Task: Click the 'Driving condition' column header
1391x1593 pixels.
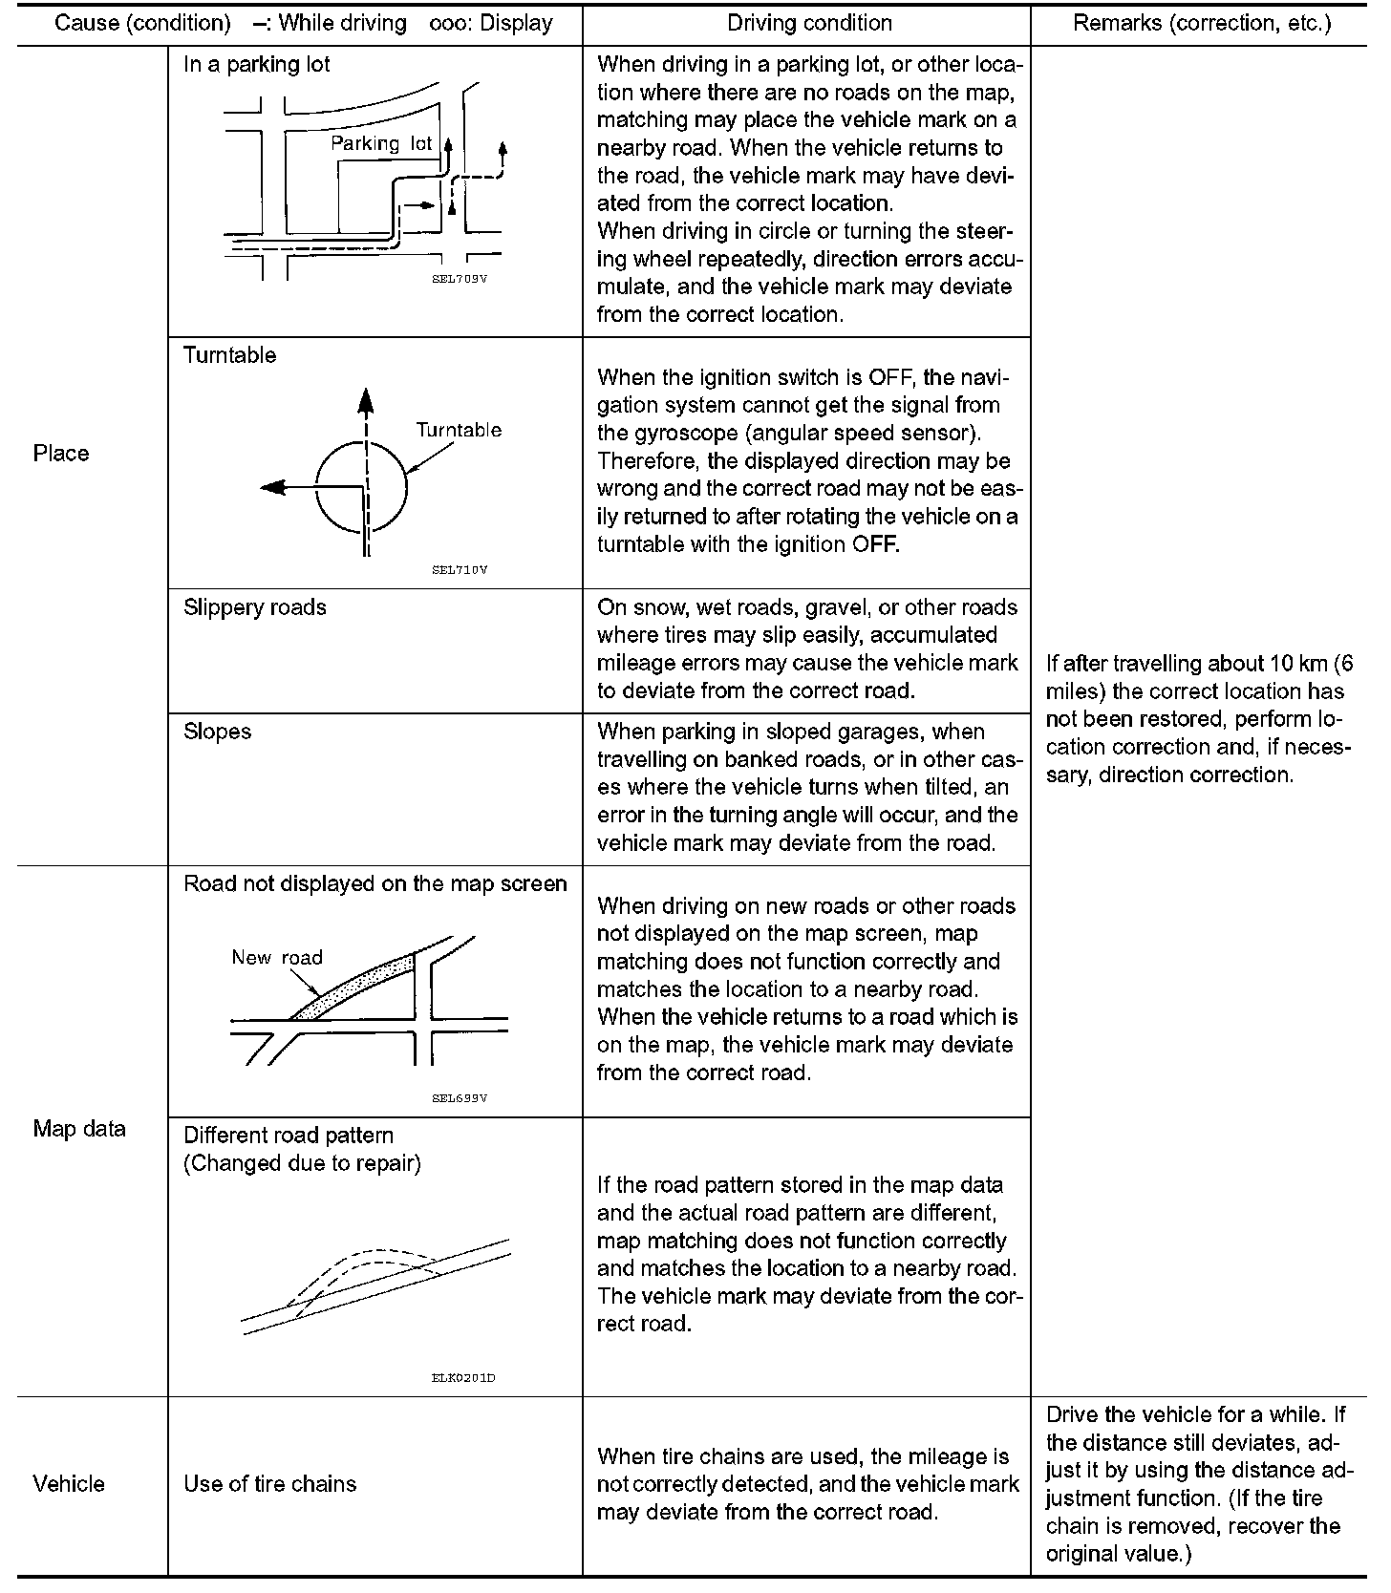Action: pos(809,23)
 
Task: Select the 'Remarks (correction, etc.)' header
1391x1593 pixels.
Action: pos(1202,23)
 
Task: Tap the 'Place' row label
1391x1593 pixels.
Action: pos(61,454)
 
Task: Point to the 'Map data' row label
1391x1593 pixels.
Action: pos(79,1129)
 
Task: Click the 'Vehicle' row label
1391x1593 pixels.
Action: pos(69,1483)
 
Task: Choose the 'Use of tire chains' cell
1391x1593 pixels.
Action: pos(269,1483)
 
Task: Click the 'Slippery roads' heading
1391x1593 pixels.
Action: pos(255,607)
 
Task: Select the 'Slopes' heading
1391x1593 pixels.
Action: pos(218,732)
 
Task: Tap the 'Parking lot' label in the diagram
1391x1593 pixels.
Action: pos(381,143)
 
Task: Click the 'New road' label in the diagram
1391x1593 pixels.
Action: pos(277,957)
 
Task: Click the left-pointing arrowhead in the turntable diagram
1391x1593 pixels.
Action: pos(272,487)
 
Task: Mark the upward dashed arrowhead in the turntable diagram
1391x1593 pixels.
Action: pos(365,400)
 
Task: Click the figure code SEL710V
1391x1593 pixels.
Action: pos(460,570)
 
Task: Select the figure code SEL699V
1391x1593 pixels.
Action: pos(460,1098)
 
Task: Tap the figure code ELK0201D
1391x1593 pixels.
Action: pos(463,1377)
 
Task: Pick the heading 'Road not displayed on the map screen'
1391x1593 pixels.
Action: pos(375,883)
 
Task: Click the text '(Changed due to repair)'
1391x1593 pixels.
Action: pos(302,1163)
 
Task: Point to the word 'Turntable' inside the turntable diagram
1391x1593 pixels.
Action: pos(459,430)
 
